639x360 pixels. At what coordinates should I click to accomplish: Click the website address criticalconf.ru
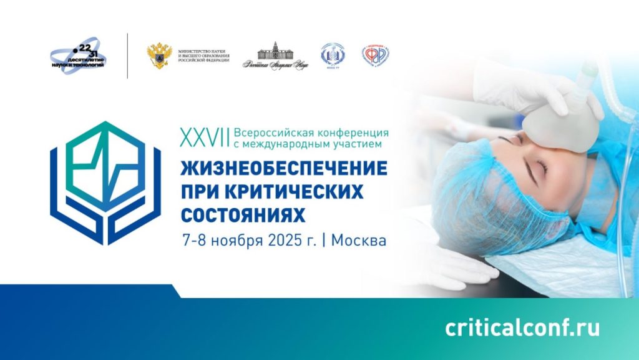[x=522, y=328]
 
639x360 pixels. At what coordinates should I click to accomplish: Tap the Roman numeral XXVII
[x=203, y=137]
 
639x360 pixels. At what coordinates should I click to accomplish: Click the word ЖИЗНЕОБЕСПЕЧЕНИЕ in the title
[x=284, y=169]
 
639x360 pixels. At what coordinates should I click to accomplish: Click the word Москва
[x=359, y=241]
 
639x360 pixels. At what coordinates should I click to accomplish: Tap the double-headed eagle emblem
[x=159, y=56]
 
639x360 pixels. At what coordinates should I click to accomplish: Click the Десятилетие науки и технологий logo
[x=79, y=56]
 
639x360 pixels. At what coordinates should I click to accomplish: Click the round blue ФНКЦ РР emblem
[x=333, y=56]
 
